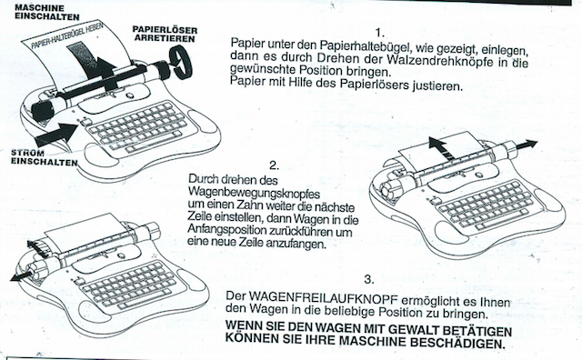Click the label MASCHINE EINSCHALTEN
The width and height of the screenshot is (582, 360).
[x=47, y=12]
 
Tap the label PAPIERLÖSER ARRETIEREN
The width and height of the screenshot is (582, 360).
[x=165, y=34]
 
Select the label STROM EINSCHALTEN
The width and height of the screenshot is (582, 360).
[x=45, y=157]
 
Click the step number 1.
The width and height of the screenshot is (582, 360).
[x=379, y=33]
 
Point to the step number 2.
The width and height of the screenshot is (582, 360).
[x=274, y=165]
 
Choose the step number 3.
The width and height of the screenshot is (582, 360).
[x=369, y=279]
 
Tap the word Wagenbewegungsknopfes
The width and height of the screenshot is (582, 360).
[x=254, y=193]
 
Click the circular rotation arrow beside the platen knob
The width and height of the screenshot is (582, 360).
[x=180, y=62]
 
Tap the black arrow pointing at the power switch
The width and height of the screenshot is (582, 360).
[x=55, y=135]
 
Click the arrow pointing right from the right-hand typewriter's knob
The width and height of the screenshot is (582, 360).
[x=525, y=145]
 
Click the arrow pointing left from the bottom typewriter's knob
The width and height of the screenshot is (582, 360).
[x=23, y=275]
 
